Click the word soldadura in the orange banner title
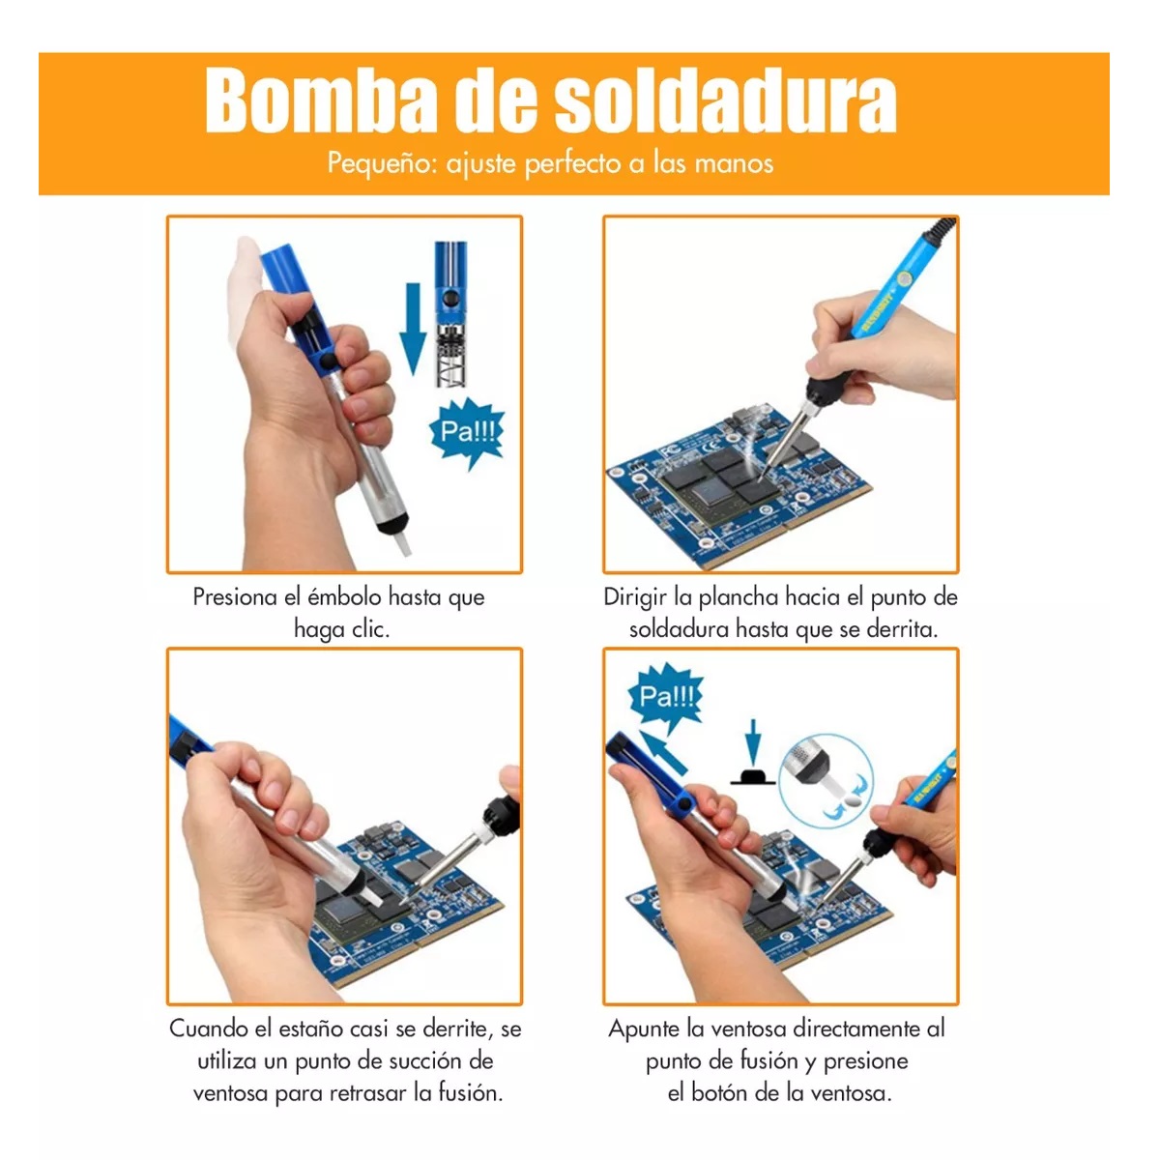pos(725,101)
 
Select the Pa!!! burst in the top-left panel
pos(467,431)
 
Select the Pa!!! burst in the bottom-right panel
pos(666,696)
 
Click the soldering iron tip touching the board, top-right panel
pos(764,471)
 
